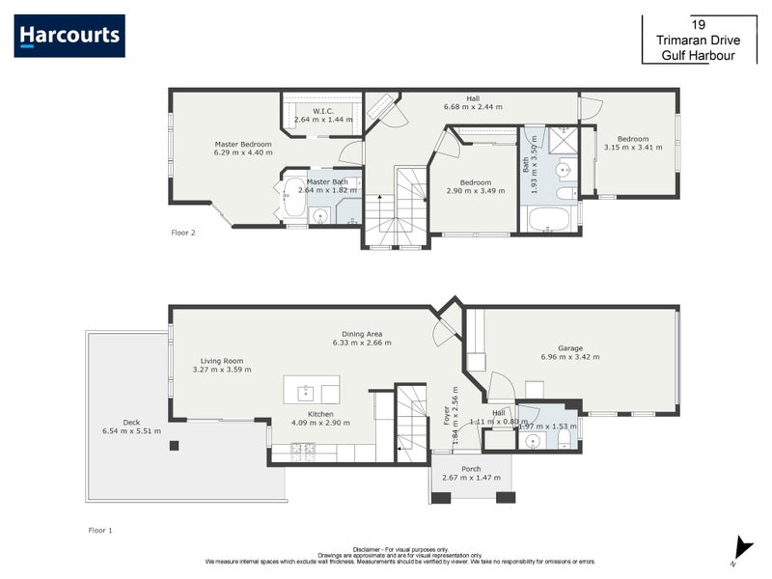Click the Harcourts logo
tap(69, 36)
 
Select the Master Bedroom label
tap(243, 145)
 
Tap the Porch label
tap(471, 469)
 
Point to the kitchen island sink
tap(305, 392)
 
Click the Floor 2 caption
tap(183, 233)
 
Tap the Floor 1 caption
tap(100, 530)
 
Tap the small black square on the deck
tap(174, 445)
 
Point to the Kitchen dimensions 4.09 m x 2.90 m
tap(322, 423)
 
